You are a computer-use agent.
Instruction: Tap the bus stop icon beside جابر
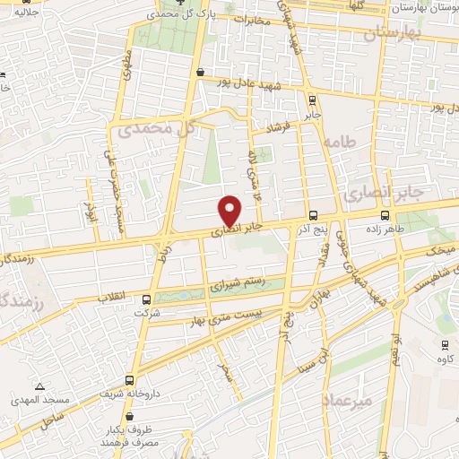click(311, 100)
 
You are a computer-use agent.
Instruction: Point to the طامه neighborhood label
click(342, 142)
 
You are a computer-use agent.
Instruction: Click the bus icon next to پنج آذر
click(313, 215)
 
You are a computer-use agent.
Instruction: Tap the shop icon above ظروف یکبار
click(130, 417)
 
